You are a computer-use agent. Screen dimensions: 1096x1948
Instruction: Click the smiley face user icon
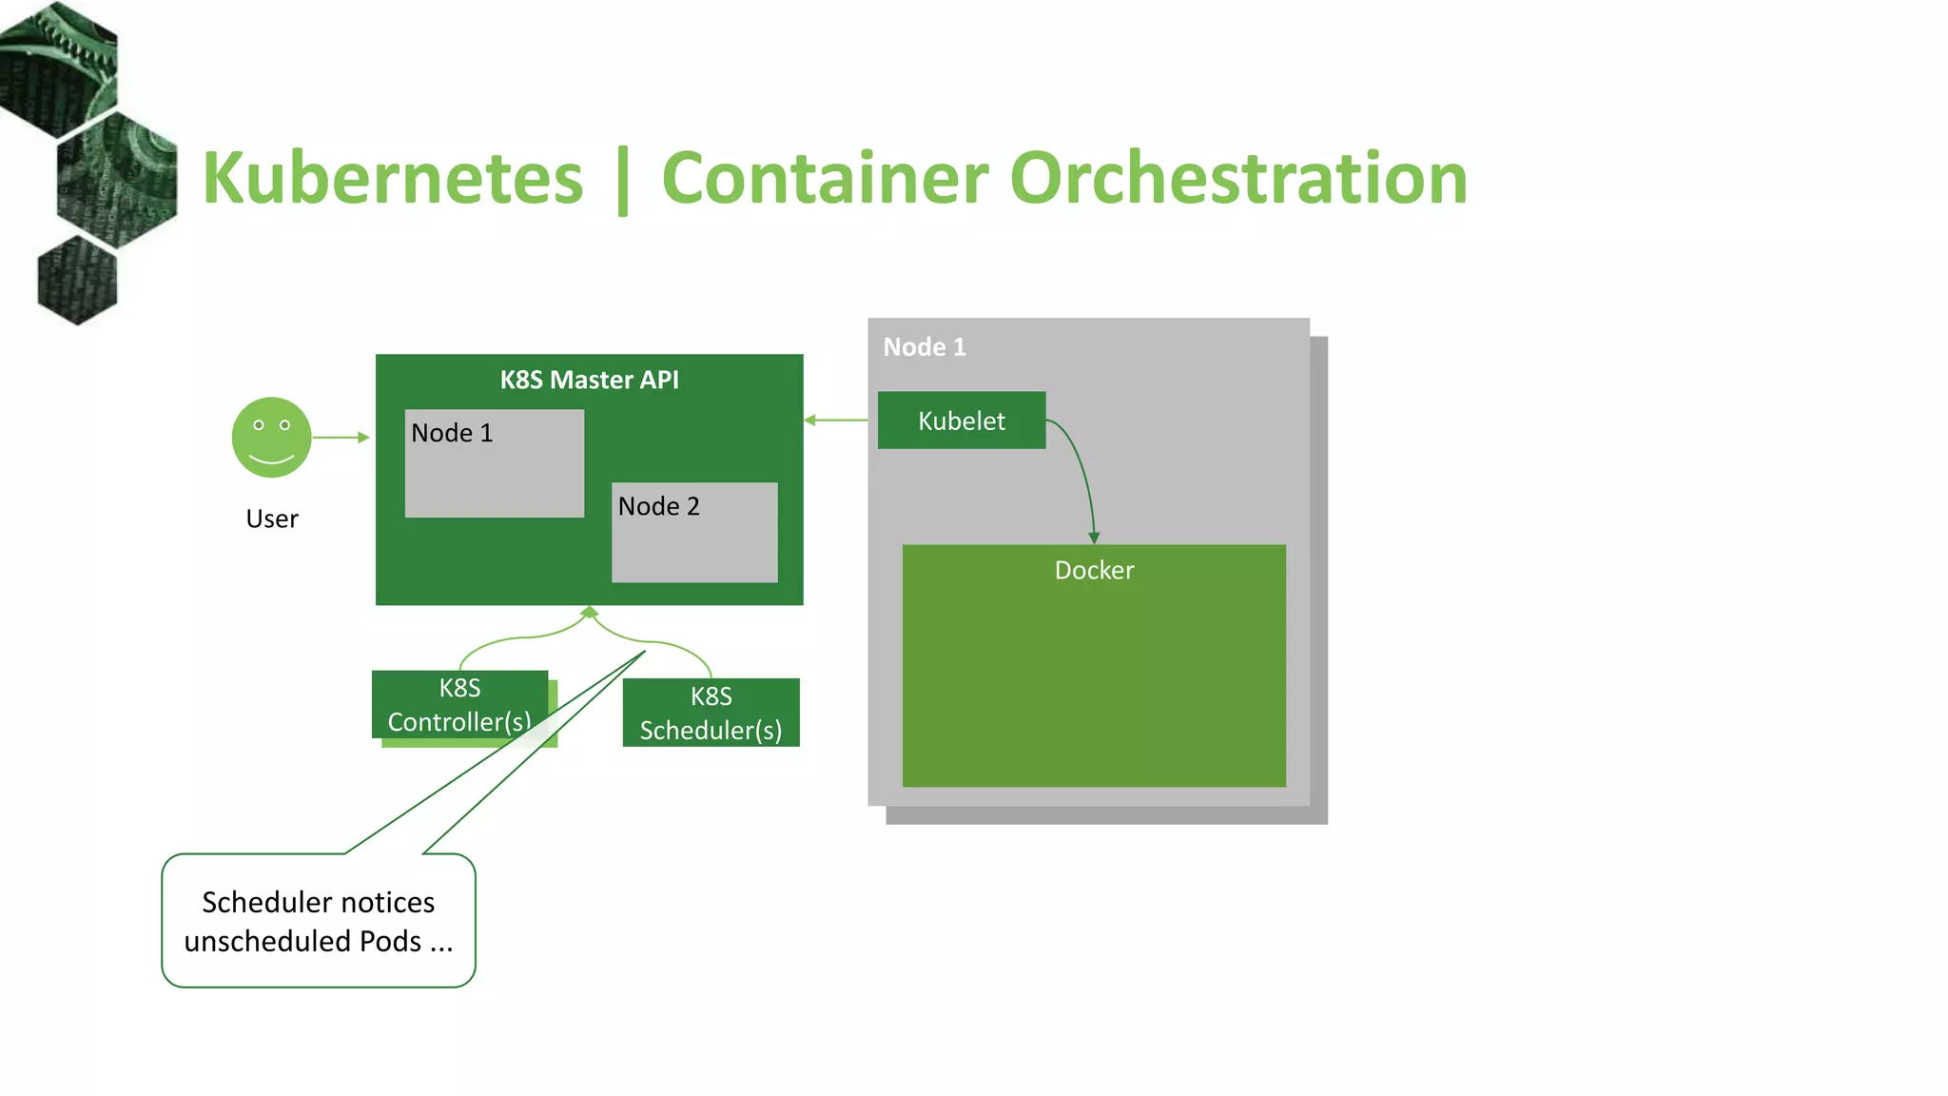point(271,437)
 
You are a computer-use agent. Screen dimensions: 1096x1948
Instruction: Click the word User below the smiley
point(272,519)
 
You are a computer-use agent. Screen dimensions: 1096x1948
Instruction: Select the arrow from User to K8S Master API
point(341,437)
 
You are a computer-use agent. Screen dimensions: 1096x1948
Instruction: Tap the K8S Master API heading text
point(589,380)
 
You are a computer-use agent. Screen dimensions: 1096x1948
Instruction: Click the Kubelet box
point(961,421)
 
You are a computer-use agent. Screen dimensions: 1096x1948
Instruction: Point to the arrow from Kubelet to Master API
point(836,420)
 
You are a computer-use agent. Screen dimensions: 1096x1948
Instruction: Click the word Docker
point(1094,570)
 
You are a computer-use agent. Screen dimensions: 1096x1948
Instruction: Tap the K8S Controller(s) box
point(459,704)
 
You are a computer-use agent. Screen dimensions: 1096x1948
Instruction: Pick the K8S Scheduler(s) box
point(711,713)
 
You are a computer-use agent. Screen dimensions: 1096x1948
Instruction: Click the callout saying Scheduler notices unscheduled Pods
point(319,920)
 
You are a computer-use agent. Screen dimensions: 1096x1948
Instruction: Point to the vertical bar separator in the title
point(623,181)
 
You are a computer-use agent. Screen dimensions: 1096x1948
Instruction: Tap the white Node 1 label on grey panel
point(924,347)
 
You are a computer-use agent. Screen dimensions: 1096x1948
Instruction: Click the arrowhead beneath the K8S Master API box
point(589,612)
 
